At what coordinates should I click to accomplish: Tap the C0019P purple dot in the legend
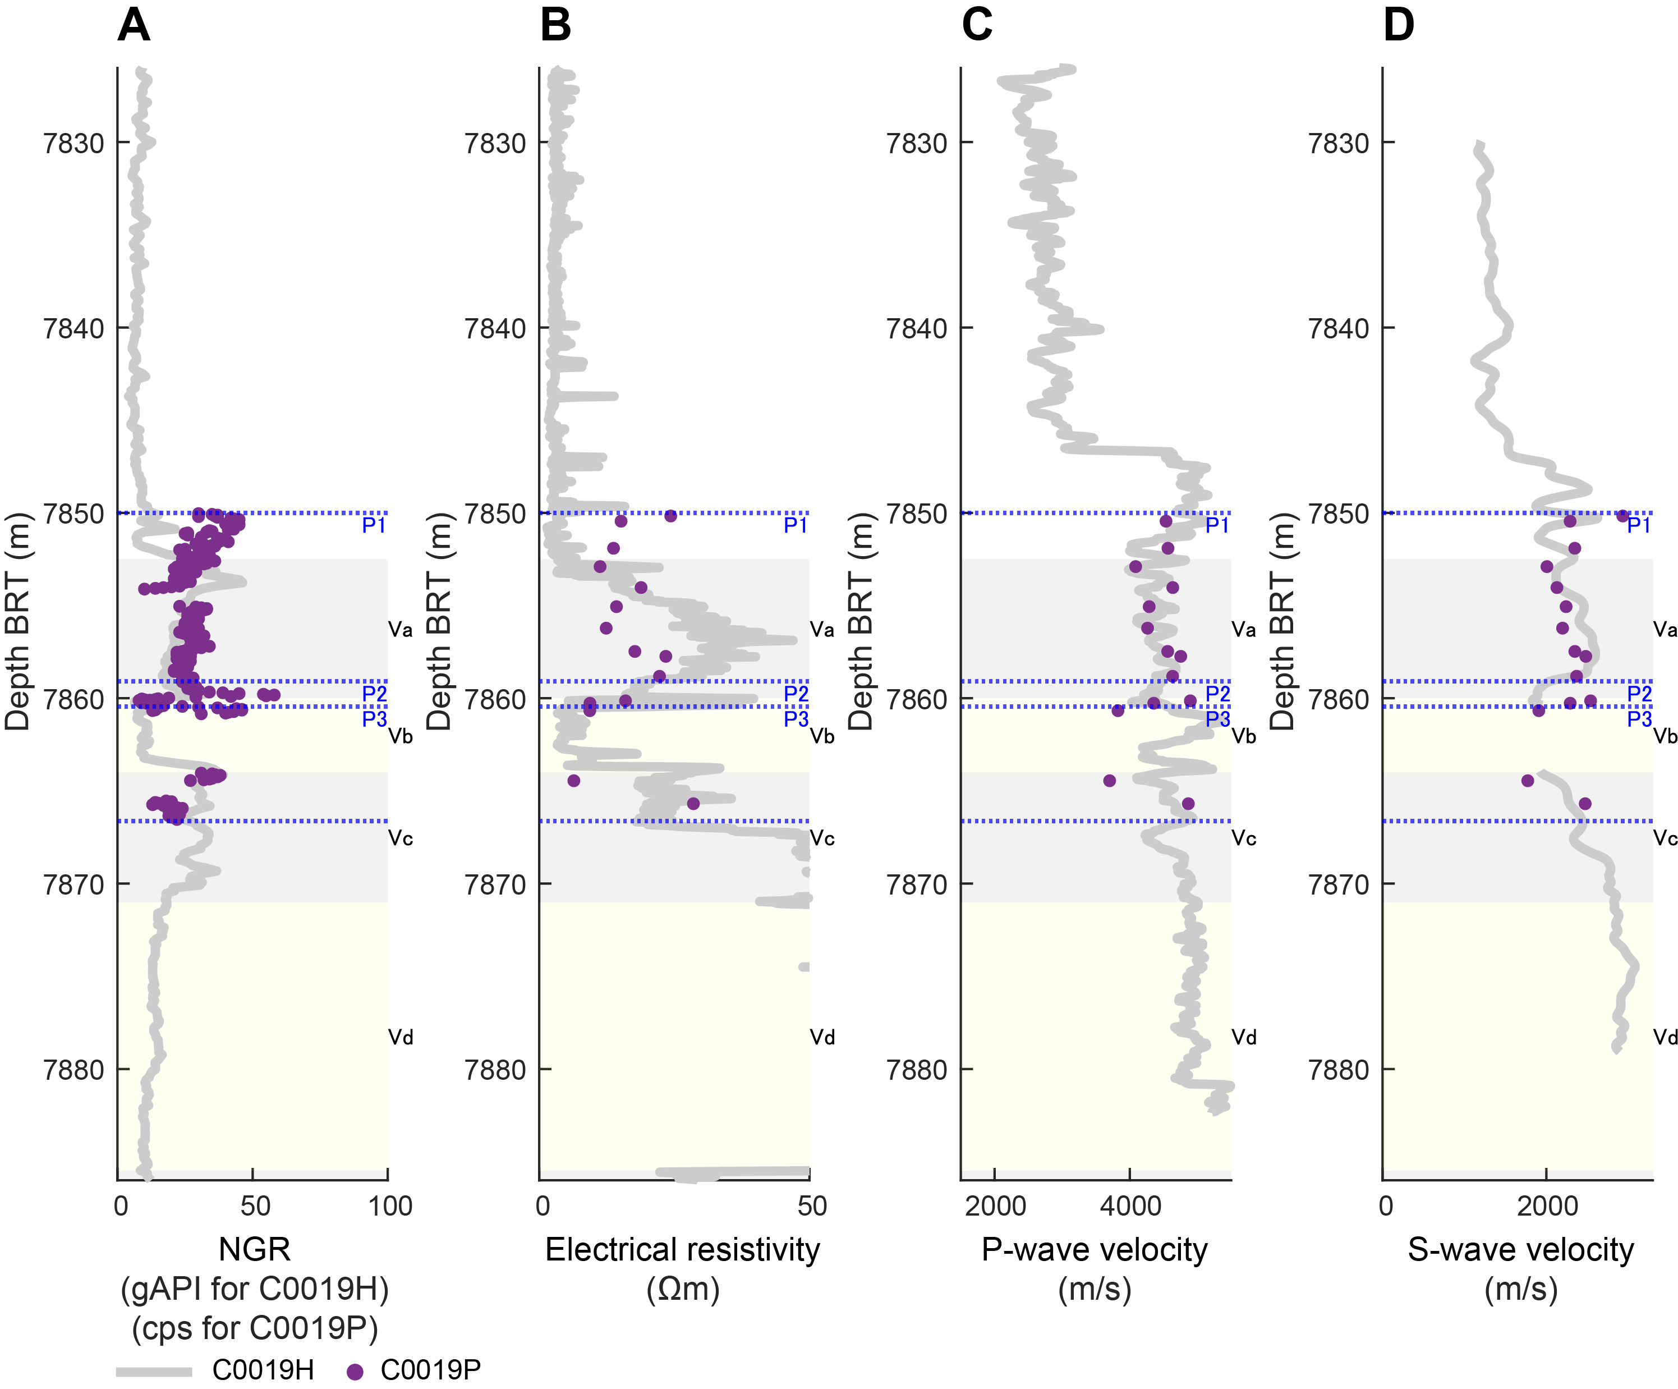tap(355, 1372)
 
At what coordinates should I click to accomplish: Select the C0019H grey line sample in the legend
tap(154, 1372)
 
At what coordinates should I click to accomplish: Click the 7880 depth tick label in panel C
tap(917, 1069)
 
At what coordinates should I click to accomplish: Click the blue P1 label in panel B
tap(795, 525)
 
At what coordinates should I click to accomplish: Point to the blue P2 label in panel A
tap(374, 694)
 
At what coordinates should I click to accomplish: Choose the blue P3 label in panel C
tap(1218, 718)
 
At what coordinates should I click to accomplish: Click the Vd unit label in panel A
tap(401, 1037)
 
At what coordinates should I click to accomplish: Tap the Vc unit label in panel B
tap(822, 838)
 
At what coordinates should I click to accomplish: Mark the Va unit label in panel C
tap(1243, 630)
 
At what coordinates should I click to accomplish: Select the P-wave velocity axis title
tap(1095, 1250)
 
